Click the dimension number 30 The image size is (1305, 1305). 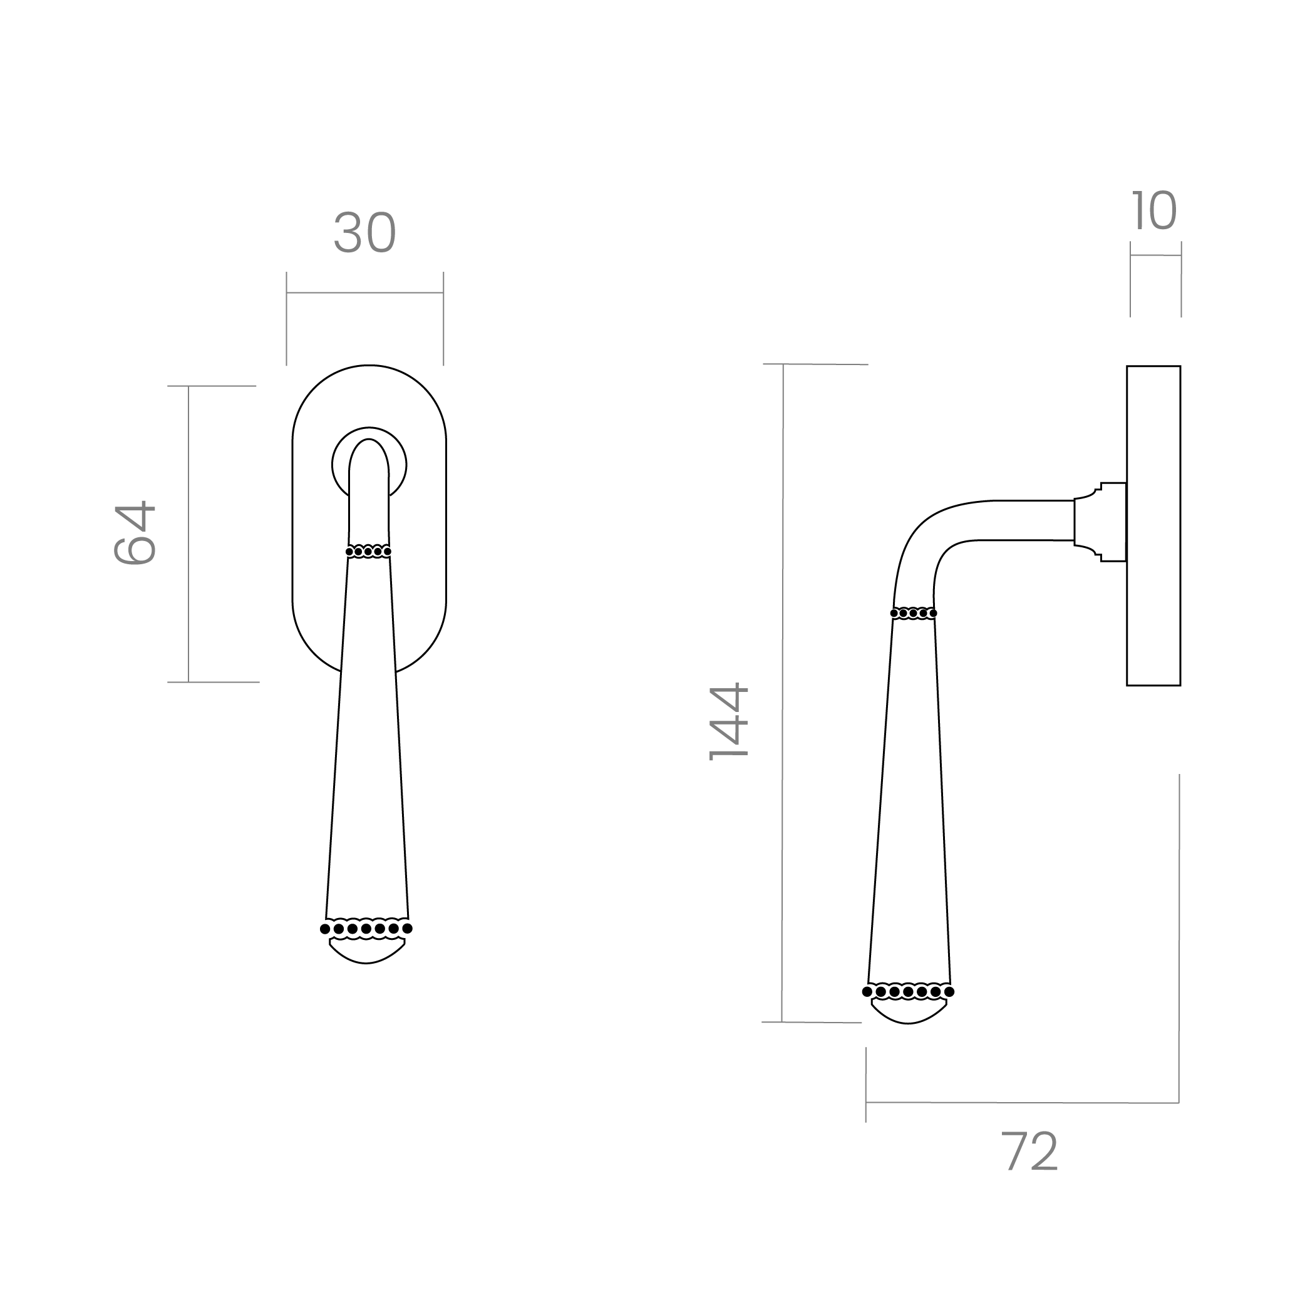point(364,233)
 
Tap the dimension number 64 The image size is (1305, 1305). point(135,532)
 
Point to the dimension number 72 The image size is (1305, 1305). point(1029,1152)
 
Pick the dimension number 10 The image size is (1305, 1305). point(1153,212)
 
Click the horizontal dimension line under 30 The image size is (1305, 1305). point(364,293)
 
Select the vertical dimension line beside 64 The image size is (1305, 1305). point(188,534)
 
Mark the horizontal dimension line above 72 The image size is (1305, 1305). point(1023,1102)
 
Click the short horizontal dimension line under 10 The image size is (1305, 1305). point(1156,255)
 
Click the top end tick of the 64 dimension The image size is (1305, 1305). point(212,386)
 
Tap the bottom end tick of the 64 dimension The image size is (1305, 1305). point(214,682)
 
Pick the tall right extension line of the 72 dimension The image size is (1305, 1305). point(1179,939)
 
